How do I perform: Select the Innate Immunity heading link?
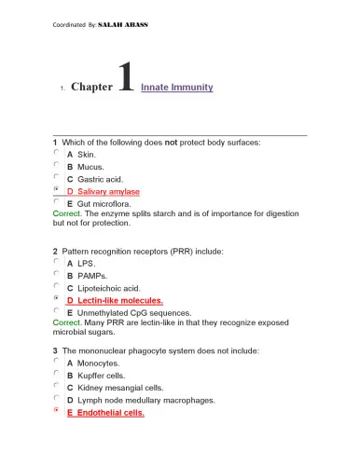click(177, 88)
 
